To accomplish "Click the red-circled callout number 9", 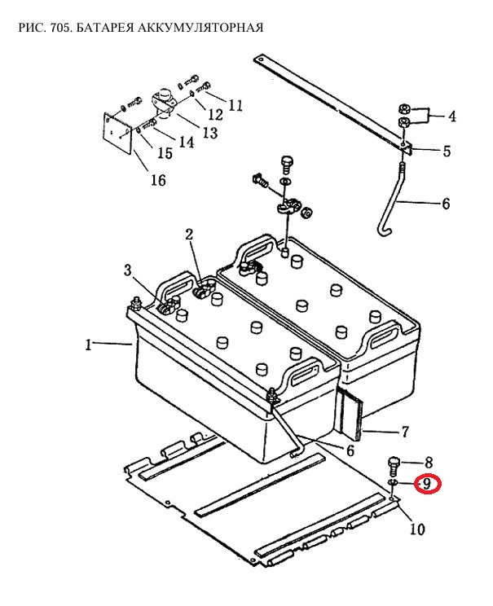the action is [427, 484].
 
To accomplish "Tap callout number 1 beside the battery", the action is [89, 345].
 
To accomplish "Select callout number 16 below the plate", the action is [158, 180].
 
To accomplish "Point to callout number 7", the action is [404, 432].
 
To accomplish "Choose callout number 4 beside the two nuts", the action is [452, 116].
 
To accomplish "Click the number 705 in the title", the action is [59, 28].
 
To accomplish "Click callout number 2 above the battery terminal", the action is [189, 235].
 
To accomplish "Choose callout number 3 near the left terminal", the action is [128, 270].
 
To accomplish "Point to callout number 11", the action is [235, 105].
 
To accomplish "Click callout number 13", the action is [210, 133].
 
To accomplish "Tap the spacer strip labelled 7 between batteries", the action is [351, 415].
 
